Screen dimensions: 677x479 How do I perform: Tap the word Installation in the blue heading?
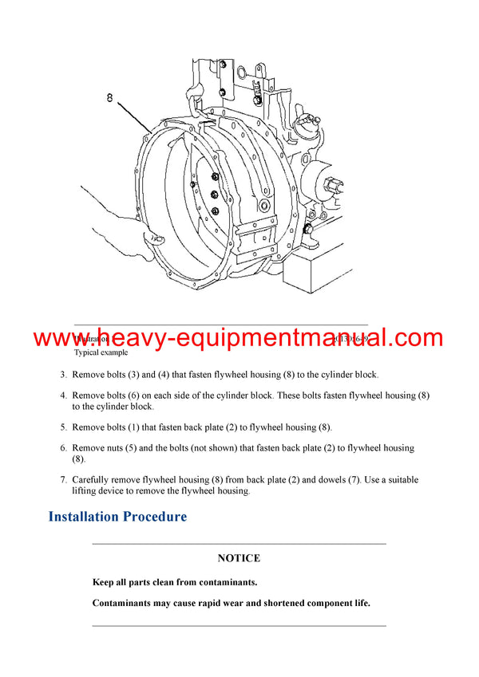point(84,517)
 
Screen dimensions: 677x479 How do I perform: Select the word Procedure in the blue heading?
point(155,517)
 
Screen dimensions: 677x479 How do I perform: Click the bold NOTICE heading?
point(239,558)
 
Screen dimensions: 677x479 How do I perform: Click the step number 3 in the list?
point(63,375)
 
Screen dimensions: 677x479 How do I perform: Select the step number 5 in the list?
point(63,427)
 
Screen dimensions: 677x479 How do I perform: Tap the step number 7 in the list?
point(63,480)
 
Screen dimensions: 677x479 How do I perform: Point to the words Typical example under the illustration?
point(101,352)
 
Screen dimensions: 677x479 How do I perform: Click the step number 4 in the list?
point(63,396)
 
